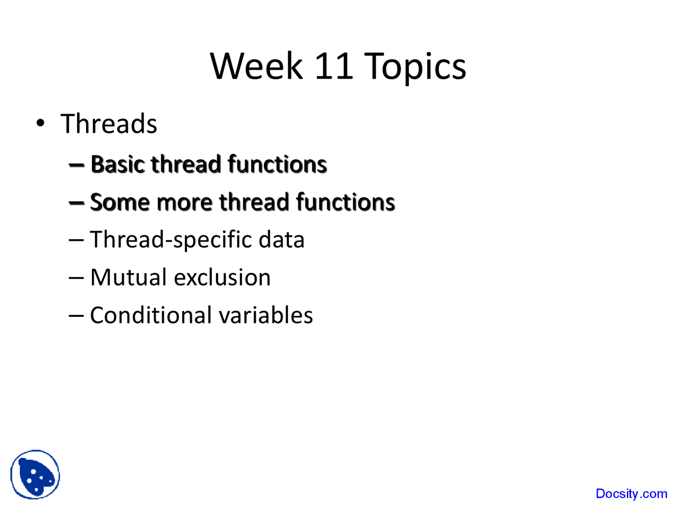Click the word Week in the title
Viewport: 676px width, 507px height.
click(257, 67)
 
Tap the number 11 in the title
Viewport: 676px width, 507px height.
click(333, 67)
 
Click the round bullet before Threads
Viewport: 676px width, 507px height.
click(41, 124)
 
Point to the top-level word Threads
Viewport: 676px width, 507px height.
click(109, 124)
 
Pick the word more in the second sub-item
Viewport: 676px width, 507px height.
click(184, 202)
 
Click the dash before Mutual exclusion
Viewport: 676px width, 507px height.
click(76, 278)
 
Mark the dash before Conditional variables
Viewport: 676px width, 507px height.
click(76, 316)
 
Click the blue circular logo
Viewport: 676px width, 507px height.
click(35, 474)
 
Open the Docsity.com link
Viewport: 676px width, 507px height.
click(631, 494)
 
